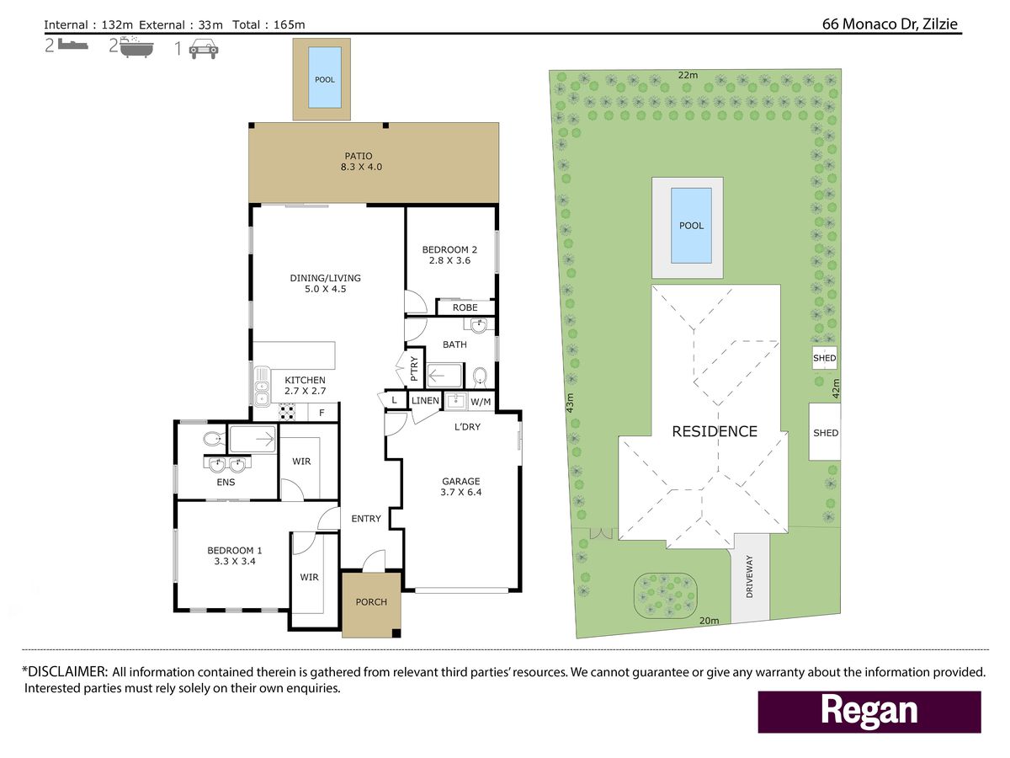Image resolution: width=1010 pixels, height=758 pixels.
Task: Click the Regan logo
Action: click(869, 712)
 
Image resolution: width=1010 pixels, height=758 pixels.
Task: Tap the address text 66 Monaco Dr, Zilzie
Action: click(890, 24)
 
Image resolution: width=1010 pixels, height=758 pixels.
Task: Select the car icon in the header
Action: click(204, 49)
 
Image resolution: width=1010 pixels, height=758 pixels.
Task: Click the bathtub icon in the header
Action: click(136, 47)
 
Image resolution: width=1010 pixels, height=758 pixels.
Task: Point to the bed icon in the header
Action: click(73, 45)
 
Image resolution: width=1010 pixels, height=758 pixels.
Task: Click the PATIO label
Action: click(359, 156)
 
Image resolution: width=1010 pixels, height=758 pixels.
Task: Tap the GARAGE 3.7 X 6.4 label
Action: click(461, 487)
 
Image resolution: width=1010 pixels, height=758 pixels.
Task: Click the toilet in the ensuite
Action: click(214, 439)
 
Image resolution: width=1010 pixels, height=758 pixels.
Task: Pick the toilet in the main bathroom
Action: click(480, 376)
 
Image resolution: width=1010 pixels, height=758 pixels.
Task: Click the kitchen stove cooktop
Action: click(287, 412)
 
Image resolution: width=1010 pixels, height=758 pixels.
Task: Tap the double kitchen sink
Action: click(262, 386)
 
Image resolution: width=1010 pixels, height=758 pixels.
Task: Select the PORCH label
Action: click(371, 602)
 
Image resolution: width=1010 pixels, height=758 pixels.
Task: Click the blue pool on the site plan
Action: click(691, 226)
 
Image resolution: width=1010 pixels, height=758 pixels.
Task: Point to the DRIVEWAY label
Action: click(749, 576)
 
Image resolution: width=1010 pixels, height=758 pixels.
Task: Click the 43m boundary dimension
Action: click(570, 403)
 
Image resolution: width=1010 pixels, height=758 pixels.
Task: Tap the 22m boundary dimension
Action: click(688, 75)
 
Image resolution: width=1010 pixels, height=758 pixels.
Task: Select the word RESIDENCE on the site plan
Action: click(715, 431)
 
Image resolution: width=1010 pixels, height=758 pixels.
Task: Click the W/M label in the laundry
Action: click(481, 402)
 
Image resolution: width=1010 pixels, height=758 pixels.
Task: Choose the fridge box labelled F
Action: click(322, 413)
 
